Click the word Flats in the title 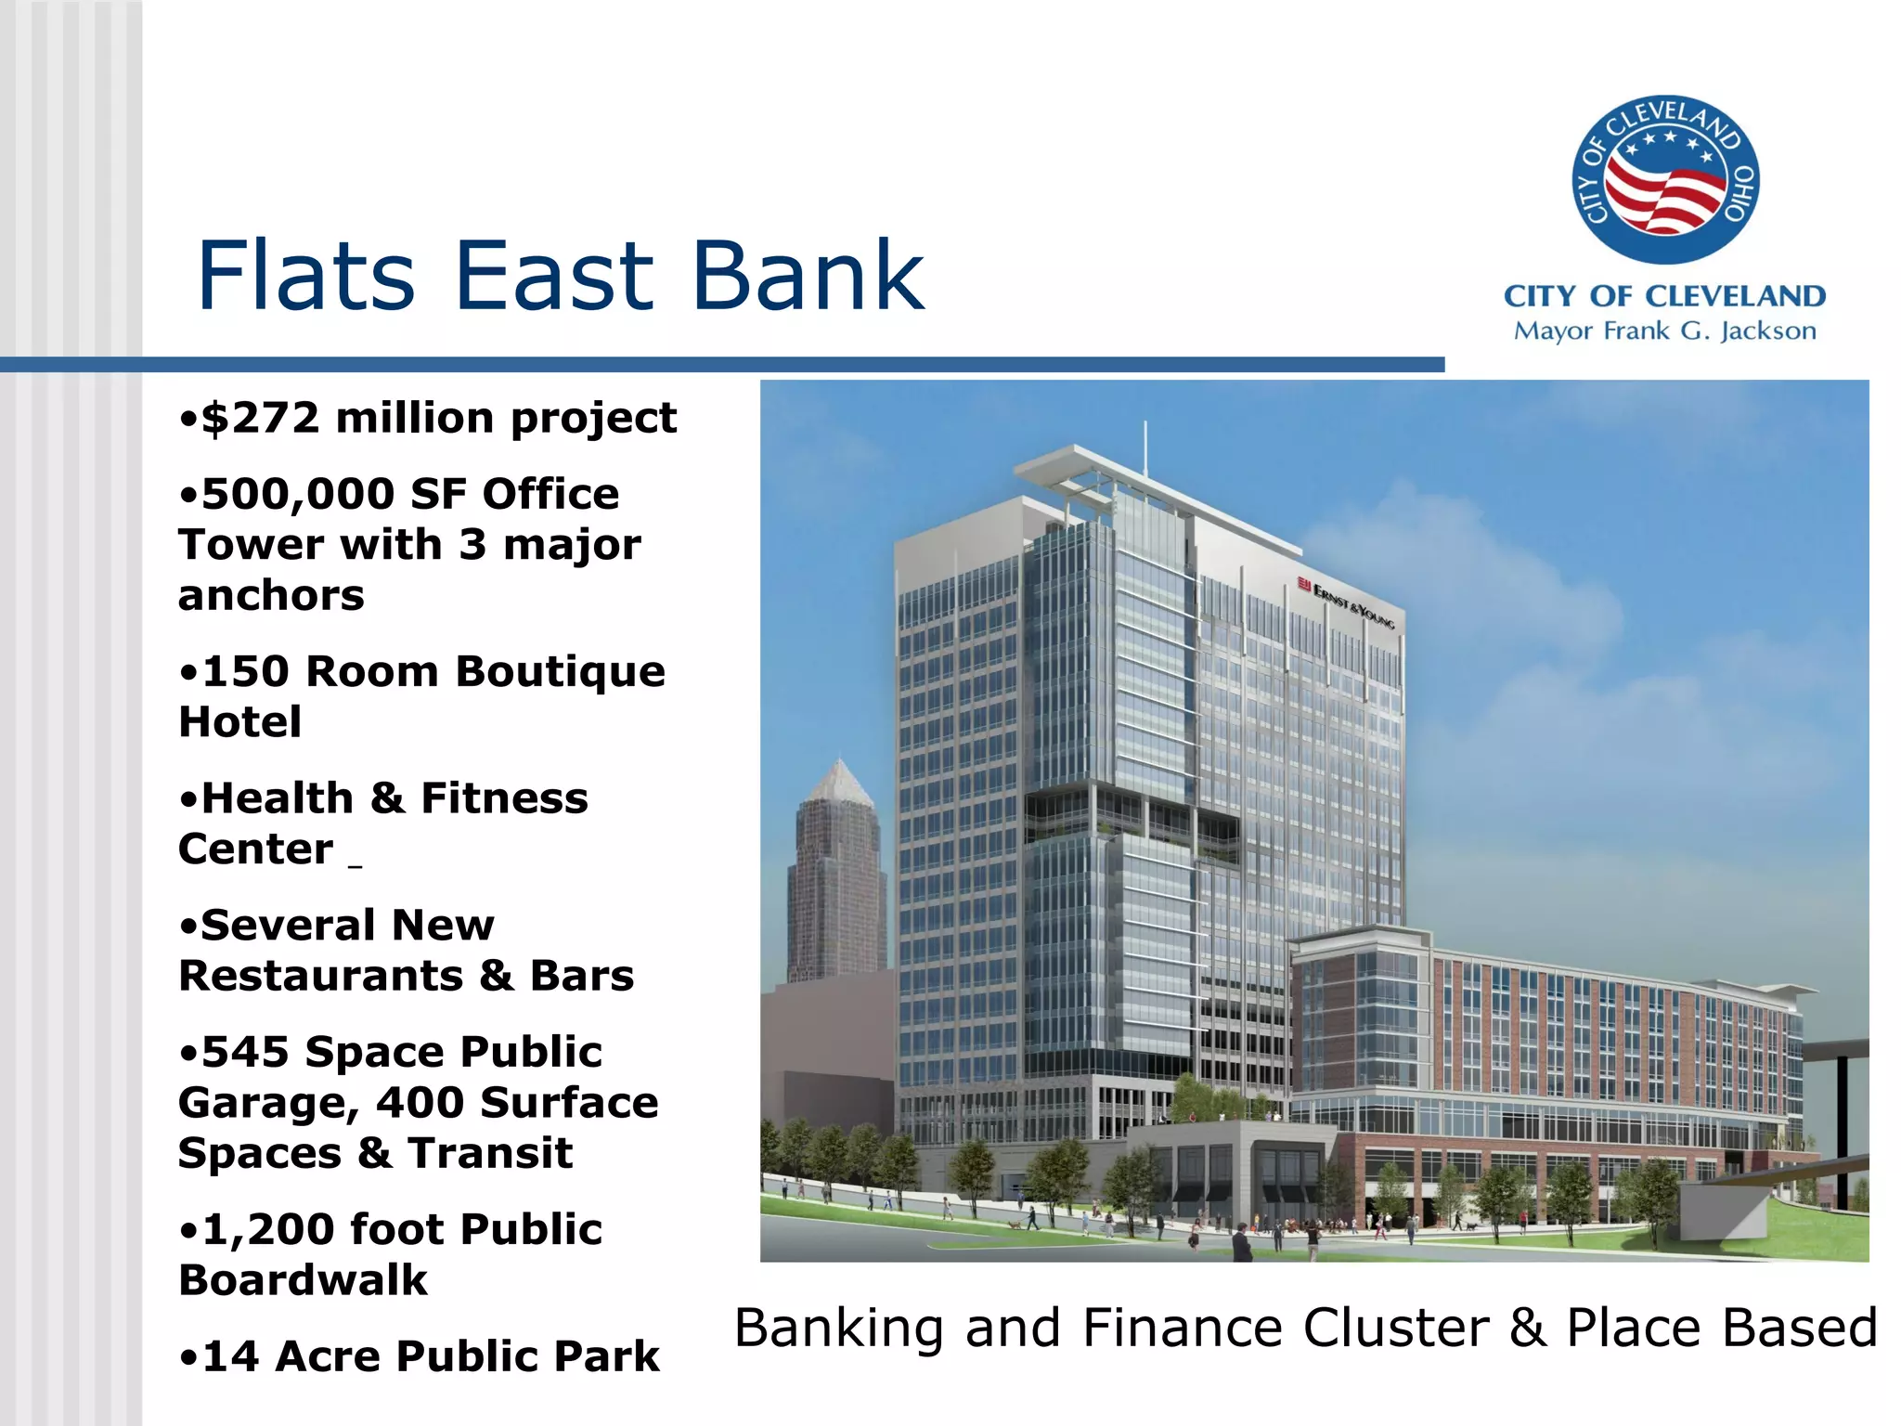click(306, 276)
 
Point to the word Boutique click(560, 672)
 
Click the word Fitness click(504, 798)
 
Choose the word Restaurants click(320, 976)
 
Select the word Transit click(490, 1153)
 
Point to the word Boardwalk click(303, 1280)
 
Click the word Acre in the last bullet click(329, 1356)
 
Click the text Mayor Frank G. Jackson click(1664, 331)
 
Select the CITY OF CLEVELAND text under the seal click(1664, 296)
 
